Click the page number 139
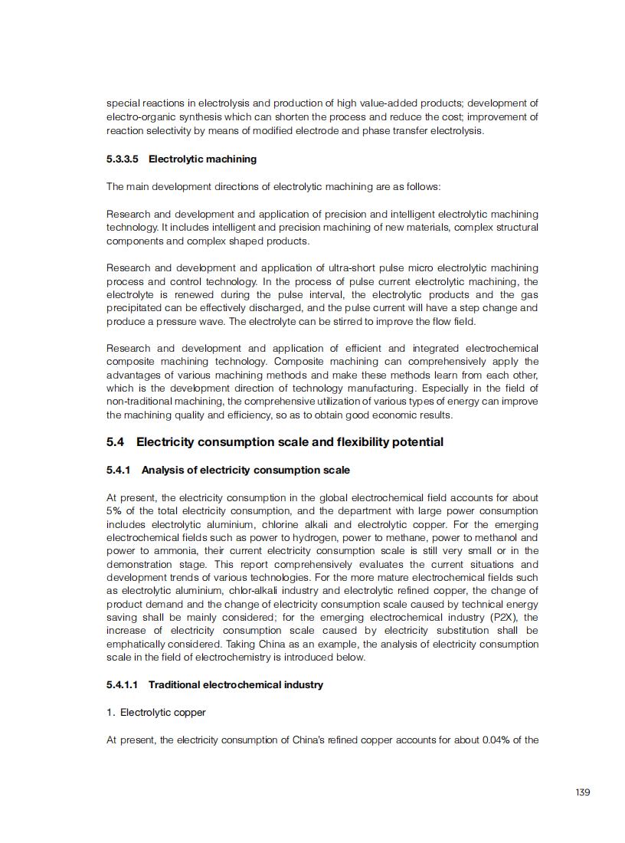coord(582,792)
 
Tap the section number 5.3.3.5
coord(123,159)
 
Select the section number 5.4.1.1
coord(123,684)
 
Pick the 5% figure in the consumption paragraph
coord(113,511)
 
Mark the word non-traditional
coord(137,402)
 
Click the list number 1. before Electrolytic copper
coord(111,712)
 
